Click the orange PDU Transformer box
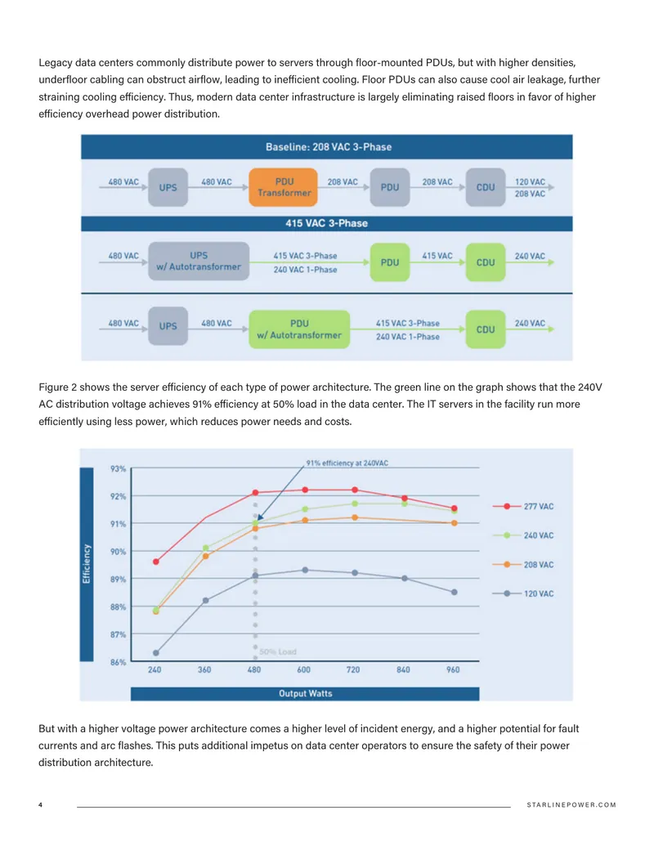tap(283, 187)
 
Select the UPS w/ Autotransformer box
tap(199, 261)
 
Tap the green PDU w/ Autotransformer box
tap(299, 329)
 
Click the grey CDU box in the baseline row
tap(485, 187)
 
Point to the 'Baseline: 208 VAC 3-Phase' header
tap(327, 147)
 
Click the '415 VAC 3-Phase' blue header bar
tap(327, 223)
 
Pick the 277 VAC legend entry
tap(523, 506)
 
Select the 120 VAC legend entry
tap(523, 593)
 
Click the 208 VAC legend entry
tap(523, 564)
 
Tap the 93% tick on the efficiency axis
tap(119, 469)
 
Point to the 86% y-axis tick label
tap(119, 662)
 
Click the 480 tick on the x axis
tap(254, 669)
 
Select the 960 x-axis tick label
tap(453, 669)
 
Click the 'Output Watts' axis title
tap(306, 693)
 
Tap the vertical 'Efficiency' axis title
tap(87, 564)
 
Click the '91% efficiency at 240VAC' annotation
tap(347, 463)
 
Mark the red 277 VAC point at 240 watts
tap(156, 562)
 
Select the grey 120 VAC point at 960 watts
tap(455, 592)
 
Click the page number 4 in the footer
tap(41, 804)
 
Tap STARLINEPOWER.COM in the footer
tap(571, 804)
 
